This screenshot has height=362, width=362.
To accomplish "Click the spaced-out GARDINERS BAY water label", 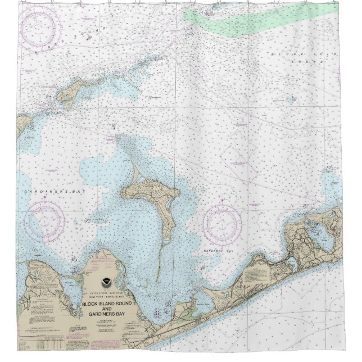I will [45, 192].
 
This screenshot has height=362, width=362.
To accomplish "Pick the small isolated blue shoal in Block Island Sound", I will [289, 101].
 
